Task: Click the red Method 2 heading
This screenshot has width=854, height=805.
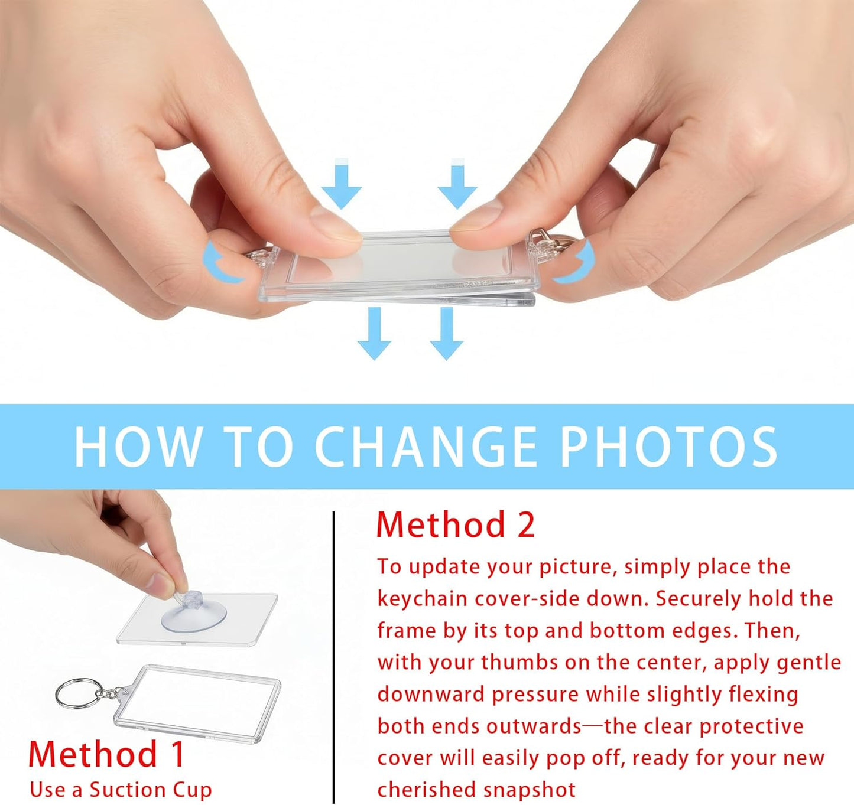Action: [x=456, y=525]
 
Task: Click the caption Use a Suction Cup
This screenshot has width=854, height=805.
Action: [x=121, y=790]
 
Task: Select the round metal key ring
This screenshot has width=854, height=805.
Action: [x=77, y=693]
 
